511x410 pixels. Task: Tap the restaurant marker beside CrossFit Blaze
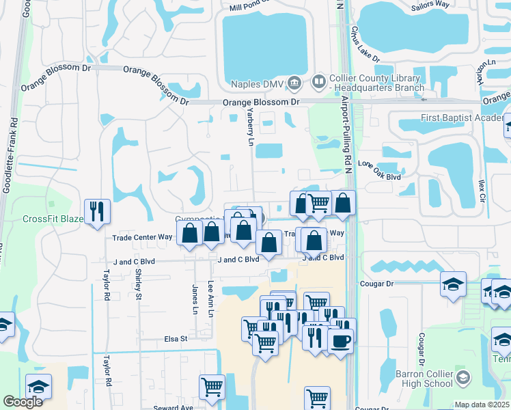coord(98,211)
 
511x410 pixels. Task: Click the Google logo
coord(23,402)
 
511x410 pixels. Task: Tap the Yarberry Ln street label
coord(250,127)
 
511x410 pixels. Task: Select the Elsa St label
coord(175,338)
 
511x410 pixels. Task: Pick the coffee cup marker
coord(340,340)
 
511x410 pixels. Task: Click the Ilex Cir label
coord(482,190)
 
